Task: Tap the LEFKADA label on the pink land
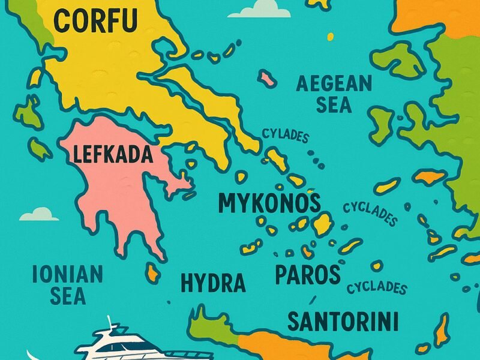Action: point(113,155)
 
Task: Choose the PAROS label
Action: point(307,275)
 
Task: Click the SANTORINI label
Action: point(343,322)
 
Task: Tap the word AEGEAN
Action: point(334,84)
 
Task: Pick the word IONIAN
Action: point(67,275)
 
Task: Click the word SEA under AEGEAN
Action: point(334,106)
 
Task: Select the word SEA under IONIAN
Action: point(67,296)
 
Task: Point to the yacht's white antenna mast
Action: point(112,323)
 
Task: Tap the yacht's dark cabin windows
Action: point(129,346)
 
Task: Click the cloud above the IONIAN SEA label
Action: point(39,214)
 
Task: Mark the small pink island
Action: point(267,78)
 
